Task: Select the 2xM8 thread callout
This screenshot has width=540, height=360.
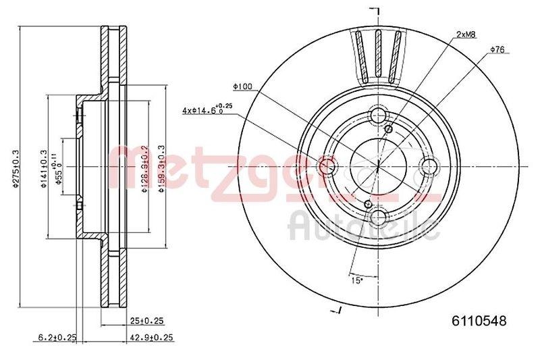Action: (466, 34)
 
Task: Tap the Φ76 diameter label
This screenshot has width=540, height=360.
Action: (497, 50)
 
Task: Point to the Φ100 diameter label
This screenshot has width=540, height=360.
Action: (242, 86)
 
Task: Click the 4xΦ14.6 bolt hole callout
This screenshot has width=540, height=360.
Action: (206, 108)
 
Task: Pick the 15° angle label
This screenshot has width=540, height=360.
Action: (356, 278)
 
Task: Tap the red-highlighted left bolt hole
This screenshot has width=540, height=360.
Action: (326, 165)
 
